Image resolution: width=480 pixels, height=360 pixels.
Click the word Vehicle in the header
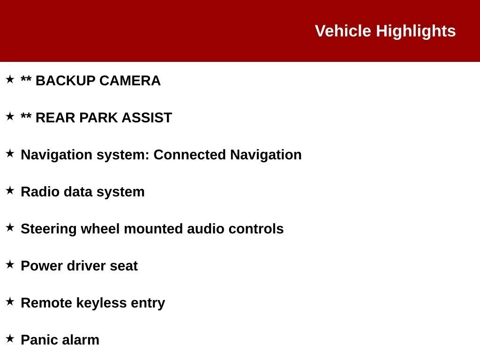click(x=343, y=31)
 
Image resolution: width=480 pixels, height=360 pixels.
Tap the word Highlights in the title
click(x=416, y=31)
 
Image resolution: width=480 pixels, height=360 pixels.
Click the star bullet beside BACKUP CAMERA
click(x=10, y=79)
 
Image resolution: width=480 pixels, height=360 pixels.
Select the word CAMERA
click(x=130, y=81)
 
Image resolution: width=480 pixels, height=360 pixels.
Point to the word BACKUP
click(x=66, y=81)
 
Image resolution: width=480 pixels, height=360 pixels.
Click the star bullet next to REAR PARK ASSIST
click(x=10, y=116)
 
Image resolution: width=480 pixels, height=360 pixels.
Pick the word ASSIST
click(x=147, y=118)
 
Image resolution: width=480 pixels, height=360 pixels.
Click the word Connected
click(x=189, y=155)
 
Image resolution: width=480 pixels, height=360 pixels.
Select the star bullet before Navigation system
click(x=10, y=153)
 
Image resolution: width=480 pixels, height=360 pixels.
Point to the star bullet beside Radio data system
click(x=10, y=190)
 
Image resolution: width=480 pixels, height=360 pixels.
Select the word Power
click(x=42, y=266)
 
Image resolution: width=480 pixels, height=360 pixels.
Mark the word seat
click(x=124, y=266)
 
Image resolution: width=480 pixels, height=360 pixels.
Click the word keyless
click(x=101, y=304)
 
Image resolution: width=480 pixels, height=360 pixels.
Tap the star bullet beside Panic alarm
click(x=10, y=338)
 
